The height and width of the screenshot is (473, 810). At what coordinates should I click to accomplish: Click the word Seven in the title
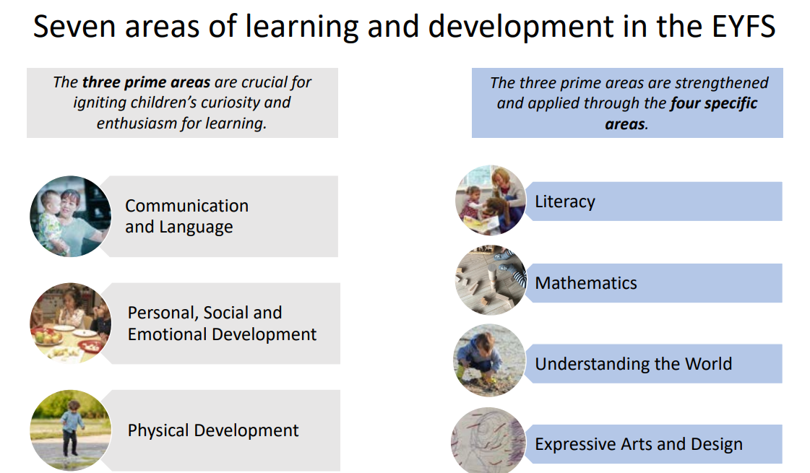(x=74, y=26)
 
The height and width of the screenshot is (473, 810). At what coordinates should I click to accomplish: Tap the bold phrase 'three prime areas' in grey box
(x=146, y=82)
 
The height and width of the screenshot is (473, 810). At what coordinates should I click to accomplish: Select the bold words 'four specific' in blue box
(x=713, y=103)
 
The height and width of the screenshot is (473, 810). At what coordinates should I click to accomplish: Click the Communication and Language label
(x=186, y=216)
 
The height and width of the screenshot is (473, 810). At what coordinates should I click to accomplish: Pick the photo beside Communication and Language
(x=70, y=217)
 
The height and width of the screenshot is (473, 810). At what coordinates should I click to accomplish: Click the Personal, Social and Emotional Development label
(x=222, y=324)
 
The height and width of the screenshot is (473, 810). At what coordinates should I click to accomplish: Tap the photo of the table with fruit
(x=70, y=324)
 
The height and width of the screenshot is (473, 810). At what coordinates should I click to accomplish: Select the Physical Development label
(x=213, y=430)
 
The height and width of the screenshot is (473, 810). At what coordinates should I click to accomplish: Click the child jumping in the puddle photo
(x=70, y=430)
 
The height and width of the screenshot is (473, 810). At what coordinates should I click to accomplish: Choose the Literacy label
(x=564, y=201)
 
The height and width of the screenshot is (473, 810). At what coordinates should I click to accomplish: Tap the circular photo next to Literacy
(x=490, y=200)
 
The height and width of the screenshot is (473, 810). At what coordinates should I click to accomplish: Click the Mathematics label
(x=586, y=283)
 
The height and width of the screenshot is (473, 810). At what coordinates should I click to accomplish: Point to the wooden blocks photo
(x=491, y=280)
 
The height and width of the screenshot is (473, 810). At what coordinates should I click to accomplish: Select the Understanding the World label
(x=633, y=363)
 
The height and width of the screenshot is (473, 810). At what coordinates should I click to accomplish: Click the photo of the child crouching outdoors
(x=489, y=360)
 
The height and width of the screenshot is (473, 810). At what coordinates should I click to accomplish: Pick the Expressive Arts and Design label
(x=639, y=444)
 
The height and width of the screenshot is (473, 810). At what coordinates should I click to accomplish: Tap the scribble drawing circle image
(x=488, y=441)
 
